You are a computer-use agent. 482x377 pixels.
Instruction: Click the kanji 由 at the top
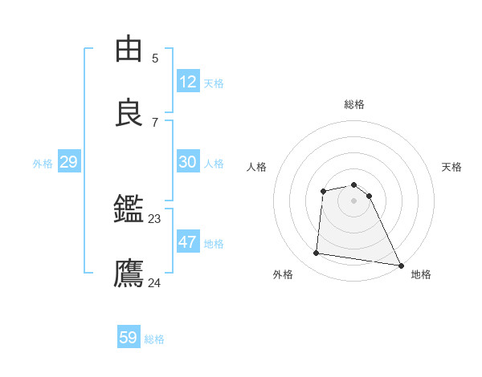(129, 50)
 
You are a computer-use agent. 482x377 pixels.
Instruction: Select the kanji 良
(129, 113)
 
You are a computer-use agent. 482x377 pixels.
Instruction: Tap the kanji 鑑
(129, 211)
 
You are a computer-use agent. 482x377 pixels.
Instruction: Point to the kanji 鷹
(129, 274)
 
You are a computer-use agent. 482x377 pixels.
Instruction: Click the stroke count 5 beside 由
(155, 59)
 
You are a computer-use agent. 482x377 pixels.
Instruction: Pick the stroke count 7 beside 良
(155, 122)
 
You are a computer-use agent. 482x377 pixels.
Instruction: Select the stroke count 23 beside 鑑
(155, 218)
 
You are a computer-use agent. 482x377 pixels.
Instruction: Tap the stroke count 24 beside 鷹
(155, 282)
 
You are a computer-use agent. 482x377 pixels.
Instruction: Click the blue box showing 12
(188, 82)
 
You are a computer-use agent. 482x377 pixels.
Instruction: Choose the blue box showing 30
(188, 162)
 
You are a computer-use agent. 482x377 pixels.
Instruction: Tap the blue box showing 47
(188, 242)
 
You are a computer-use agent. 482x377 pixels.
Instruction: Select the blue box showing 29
(68, 162)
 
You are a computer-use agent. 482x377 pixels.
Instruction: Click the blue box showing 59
(129, 338)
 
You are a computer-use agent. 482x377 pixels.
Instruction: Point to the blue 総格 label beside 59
(154, 339)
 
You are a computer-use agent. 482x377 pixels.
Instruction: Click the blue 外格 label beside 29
(43, 164)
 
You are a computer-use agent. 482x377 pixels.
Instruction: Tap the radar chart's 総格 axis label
(354, 104)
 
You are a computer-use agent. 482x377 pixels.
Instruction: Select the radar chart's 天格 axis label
(452, 167)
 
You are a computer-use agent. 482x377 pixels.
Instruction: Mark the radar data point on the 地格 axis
(400, 264)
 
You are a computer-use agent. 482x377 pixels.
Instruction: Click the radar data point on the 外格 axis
(317, 253)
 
